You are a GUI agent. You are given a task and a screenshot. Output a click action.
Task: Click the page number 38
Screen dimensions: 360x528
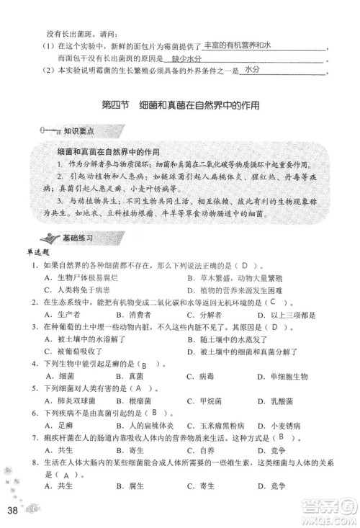(x=12, y=511)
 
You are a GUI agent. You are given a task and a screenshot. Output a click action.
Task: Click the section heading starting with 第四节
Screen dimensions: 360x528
(x=180, y=105)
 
